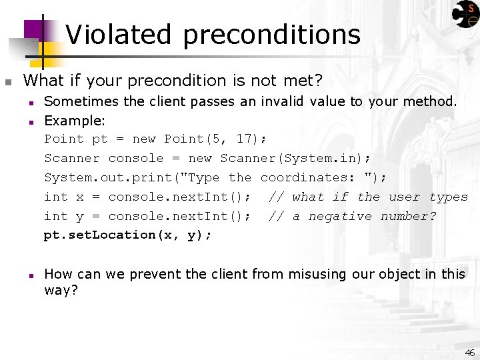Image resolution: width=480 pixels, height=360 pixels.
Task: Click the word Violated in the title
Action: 119,35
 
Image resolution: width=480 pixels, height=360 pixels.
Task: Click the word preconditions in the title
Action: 271,35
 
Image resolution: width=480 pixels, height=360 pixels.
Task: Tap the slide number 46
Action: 469,353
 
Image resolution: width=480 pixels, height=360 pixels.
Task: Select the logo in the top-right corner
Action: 465,14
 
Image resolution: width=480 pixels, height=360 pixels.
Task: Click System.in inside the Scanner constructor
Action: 323,158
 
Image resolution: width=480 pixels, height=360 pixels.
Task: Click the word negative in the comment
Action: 340,216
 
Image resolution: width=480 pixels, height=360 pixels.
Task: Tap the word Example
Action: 74,121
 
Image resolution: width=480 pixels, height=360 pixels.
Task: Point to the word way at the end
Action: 59,291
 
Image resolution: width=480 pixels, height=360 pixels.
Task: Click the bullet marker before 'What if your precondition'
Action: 8,82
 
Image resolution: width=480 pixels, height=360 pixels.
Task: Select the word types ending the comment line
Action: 449,197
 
